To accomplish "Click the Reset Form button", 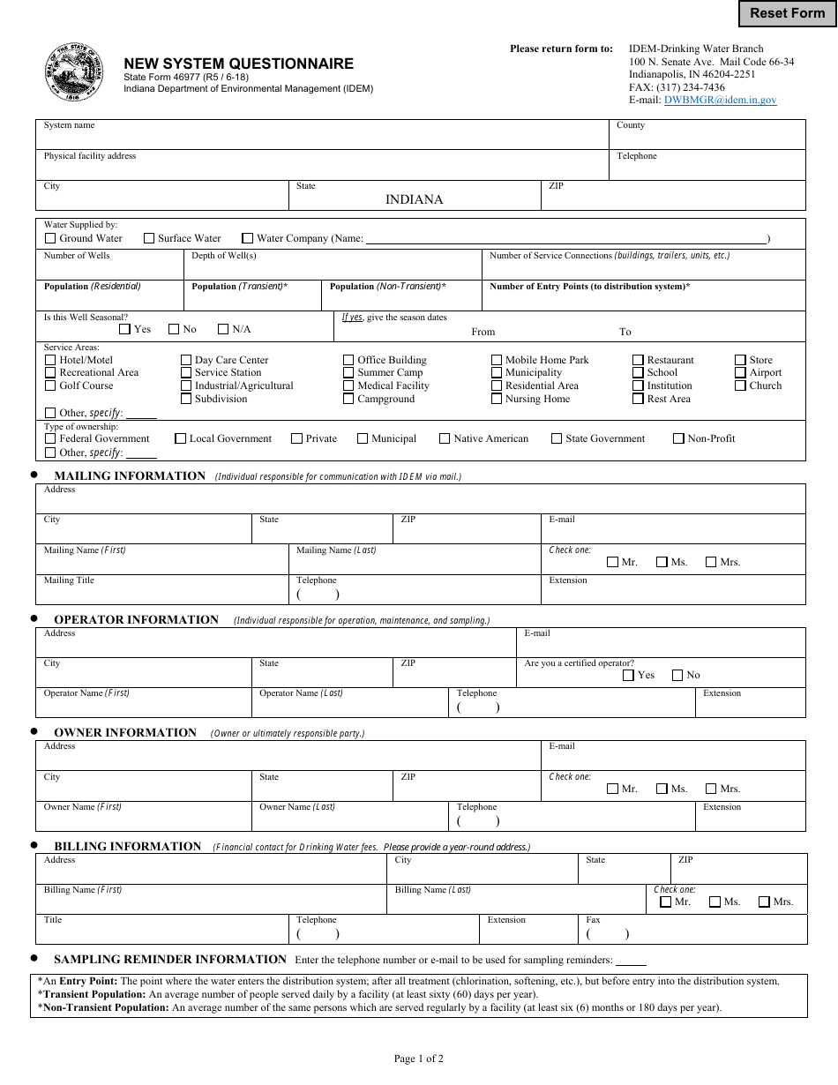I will [x=787, y=13].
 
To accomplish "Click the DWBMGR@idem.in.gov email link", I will [x=720, y=101].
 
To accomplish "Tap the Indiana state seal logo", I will [x=73, y=73].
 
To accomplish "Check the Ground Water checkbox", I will [x=50, y=238].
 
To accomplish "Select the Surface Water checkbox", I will [x=149, y=238].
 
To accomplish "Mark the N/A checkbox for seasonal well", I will [x=223, y=329].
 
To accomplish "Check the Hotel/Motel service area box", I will [x=50, y=360].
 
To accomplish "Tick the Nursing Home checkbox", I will [x=497, y=399].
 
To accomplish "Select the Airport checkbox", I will [x=740, y=372].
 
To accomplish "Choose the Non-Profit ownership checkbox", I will [x=678, y=438].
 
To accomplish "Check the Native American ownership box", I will [x=445, y=438].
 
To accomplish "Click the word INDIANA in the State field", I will [x=414, y=199].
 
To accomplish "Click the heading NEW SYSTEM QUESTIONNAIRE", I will [x=238, y=64].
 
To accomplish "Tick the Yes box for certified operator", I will [x=628, y=675].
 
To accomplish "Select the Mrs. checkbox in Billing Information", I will [x=763, y=902].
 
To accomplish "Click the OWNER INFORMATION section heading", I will [x=125, y=733].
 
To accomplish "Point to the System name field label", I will [x=70, y=125].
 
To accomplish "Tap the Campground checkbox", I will [x=348, y=399].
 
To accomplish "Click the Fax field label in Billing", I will [x=593, y=920].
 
